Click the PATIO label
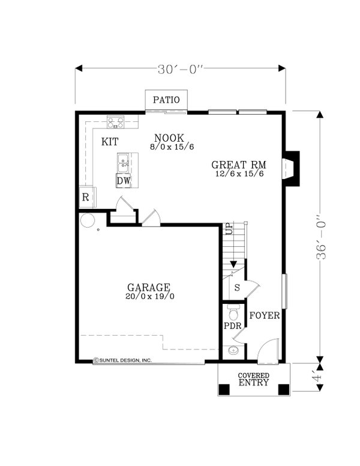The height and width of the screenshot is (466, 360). (x=166, y=100)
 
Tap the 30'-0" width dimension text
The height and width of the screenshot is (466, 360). (x=180, y=70)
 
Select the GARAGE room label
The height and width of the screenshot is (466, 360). (x=149, y=288)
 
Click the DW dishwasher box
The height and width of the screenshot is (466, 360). (x=124, y=181)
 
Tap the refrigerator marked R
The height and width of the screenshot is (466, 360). (x=87, y=197)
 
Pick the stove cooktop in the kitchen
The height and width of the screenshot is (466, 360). (x=116, y=122)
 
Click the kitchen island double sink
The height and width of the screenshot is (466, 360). (x=124, y=163)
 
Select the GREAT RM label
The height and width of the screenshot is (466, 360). (x=239, y=165)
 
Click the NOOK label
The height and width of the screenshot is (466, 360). (x=169, y=138)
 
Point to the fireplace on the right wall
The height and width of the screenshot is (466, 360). (x=292, y=169)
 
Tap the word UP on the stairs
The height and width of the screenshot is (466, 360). (x=230, y=229)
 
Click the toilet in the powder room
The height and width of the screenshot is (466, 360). (x=234, y=312)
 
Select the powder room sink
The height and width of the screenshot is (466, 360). (x=233, y=351)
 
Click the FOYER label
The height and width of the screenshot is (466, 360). (x=265, y=315)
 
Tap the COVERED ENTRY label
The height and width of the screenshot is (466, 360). (x=254, y=379)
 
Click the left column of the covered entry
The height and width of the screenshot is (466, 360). (x=224, y=389)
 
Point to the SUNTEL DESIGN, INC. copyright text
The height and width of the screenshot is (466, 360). (x=122, y=360)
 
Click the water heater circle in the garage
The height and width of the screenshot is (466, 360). (x=88, y=221)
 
